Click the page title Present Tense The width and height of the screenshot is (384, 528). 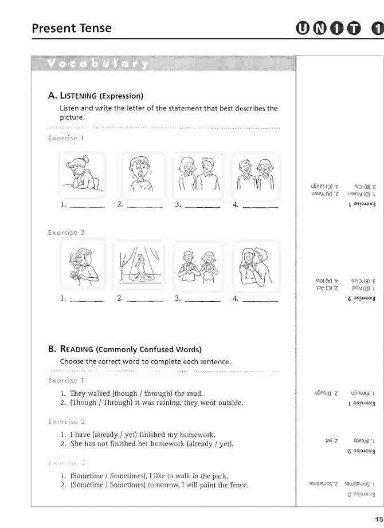pos(72,28)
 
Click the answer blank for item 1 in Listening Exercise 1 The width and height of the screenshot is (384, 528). pos(87,204)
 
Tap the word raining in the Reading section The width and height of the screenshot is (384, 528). pos(157,403)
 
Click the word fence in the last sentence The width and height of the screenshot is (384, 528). pos(237,485)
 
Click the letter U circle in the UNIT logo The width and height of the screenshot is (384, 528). pos(303,28)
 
